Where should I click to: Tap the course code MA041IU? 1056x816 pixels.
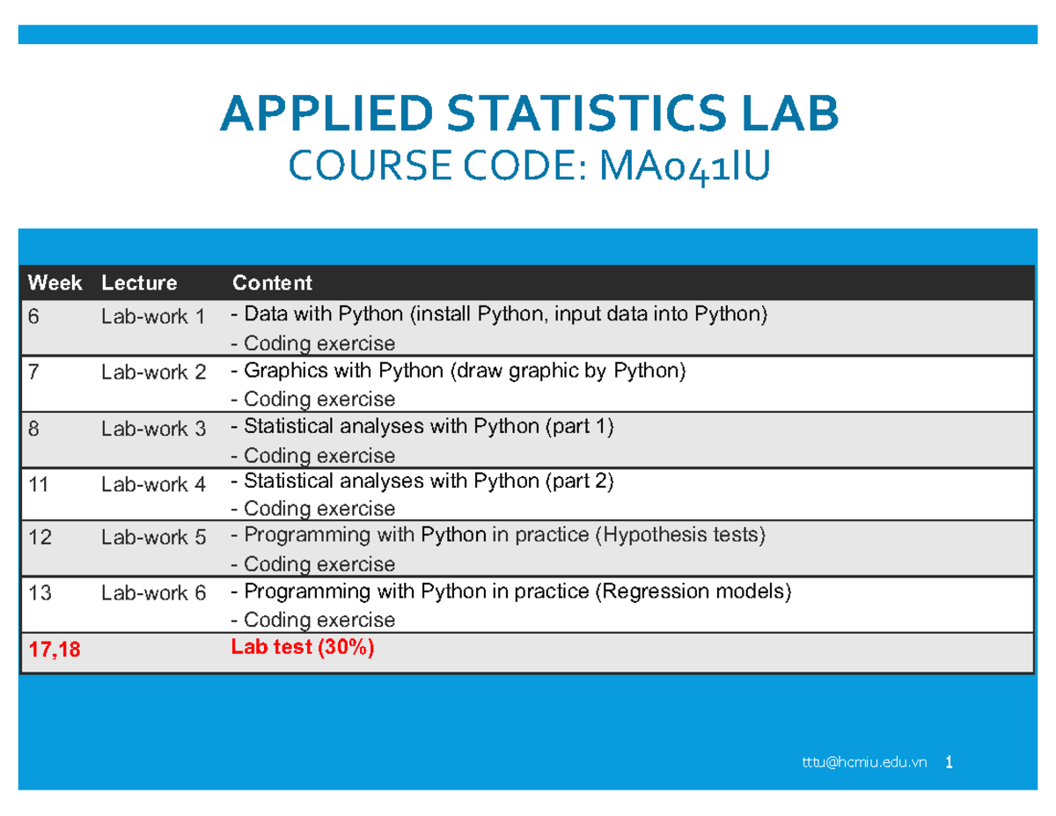pyautogui.click(x=685, y=166)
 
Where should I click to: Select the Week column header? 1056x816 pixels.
pyautogui.click(x=55, y=283)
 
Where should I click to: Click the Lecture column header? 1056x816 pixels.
pyautogui.click(x=139, y=283)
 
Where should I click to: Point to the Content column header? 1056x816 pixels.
pyautogui.click(x=272, y=283)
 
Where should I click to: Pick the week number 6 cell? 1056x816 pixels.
pyautogui.click(x=33, y=316)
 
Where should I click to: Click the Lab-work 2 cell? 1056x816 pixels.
pyautogui.click(x=154, y=372)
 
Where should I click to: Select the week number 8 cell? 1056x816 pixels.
pyautogui.click(x=33, y=429)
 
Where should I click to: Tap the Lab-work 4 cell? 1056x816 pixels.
pyautogui.click(x=154, y=484)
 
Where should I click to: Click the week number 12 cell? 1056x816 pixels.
pyautogui.click(x=40, y=537)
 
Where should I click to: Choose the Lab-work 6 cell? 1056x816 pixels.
pyautogui.click(x=154, y=593)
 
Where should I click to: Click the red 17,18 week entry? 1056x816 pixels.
pyautogui.click(x=55, y=650)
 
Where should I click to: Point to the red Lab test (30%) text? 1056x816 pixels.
pyautogui.click(x=302, y=647)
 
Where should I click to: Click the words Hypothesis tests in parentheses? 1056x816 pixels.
pyautogui.click(x=680, y=535)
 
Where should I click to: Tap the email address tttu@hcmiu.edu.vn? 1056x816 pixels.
pyautogui.click(x=864, y=762)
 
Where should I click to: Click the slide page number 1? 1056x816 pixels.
pyautogui.click(x=949, y=762)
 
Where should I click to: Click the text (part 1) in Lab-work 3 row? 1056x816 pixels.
pyautogui.click(x=579, y=427)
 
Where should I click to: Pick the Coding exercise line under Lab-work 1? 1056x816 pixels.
pyautogui.click(x=313, y=343)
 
